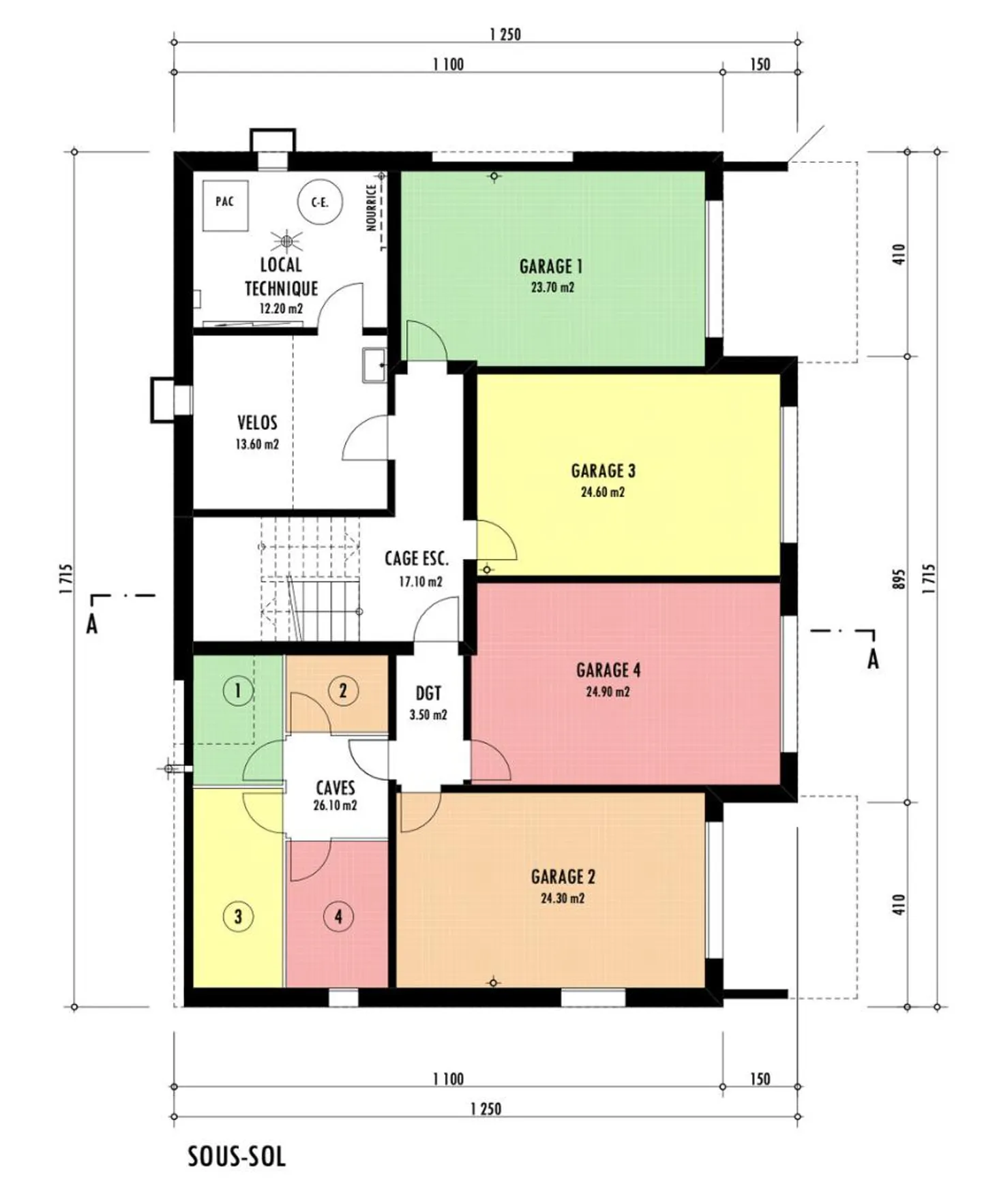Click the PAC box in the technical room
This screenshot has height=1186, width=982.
click(224, 202)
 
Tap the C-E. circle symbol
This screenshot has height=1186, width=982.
click(320, 202)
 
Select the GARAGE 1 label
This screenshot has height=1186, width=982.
click(550, 266)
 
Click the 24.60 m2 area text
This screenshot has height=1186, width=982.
click(602, 492)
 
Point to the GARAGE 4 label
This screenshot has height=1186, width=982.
click(608, 670)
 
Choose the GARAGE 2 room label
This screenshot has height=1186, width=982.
click(563, 877)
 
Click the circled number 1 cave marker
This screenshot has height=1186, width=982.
click(237, 691)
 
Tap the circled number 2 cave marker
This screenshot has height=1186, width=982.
click(342, 691)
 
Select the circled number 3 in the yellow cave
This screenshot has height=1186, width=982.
click(237, 916)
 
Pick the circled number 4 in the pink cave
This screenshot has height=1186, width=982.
click(338, 917)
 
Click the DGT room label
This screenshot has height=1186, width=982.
click(428, 694)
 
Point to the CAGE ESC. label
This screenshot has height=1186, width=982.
click(417, 559)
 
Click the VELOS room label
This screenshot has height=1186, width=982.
click(257, 423)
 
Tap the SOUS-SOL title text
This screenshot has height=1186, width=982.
click(237, 1157)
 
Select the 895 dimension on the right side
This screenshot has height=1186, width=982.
click(899, 579)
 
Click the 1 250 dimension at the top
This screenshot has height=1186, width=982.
click(505, 34)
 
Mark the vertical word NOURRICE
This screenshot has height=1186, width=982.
click(372, 208)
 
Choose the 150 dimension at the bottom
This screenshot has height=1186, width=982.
click(760, 1079)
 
